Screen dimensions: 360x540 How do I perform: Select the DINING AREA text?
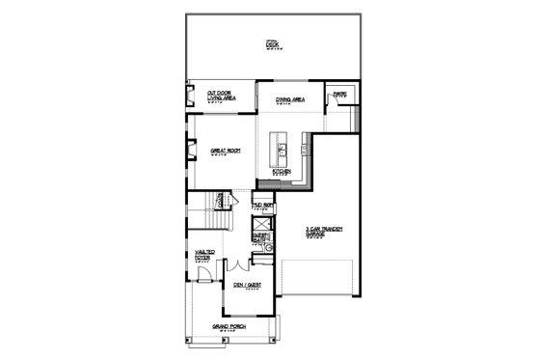[x=290, y=99]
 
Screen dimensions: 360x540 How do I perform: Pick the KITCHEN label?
[x=282, y=172]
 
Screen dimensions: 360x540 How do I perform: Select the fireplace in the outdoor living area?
[x=190, y=97]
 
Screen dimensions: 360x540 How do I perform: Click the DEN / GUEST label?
[x=249, y=285]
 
